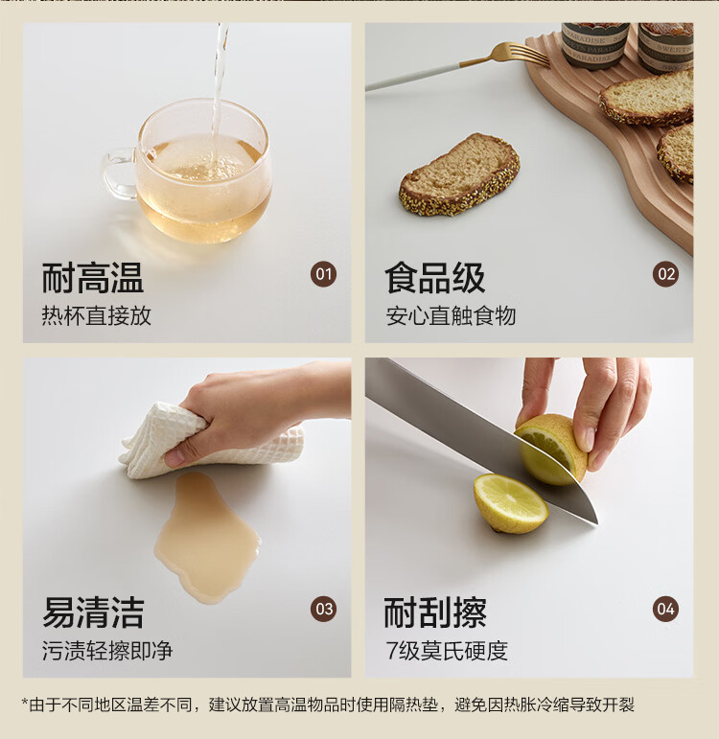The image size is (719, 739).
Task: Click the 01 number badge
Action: tap(323, 274)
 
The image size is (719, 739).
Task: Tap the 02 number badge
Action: tap(665, 274)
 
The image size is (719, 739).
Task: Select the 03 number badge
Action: tap(323, 609)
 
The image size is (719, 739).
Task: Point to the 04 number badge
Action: tap(665, 609)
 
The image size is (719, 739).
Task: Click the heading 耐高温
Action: tap(93, 278)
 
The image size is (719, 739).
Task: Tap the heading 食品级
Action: tap(434, 278)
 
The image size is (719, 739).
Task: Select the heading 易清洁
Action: tap(93, 612)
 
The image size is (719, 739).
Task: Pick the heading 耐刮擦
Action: tap(434, 612)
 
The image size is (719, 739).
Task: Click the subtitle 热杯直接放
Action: tap(96, 315)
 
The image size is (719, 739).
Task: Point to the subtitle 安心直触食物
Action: tap(451, 315)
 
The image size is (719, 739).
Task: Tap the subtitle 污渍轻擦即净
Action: tap(107, 651)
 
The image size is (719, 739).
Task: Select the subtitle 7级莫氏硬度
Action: tap(447, 651)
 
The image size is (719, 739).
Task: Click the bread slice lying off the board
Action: tap(459, 175)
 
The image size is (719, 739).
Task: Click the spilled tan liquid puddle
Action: tap(205, 538)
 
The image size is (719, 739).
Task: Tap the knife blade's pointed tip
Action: tap(597, 522)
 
